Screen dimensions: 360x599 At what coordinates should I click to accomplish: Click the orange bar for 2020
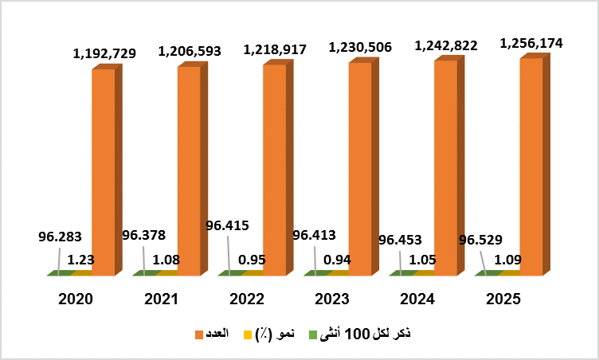point(104,171)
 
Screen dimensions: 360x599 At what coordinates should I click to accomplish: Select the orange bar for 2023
point(360,167)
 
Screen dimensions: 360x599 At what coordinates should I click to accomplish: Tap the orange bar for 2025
point(531,166)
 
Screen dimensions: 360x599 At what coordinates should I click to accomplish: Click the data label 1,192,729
point(104,54)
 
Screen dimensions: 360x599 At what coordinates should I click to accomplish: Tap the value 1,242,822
point(446,46)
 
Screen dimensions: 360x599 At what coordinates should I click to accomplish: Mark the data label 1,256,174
point(531,44)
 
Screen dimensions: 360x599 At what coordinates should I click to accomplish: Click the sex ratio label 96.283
point(60,237)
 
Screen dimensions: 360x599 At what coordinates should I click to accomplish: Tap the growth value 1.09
point(508,259)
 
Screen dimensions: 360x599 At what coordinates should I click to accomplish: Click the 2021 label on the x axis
point(162,299)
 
